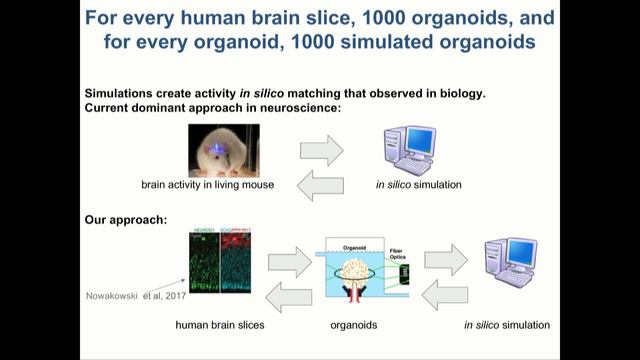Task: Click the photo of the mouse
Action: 223,150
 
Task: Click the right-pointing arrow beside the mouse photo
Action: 321,150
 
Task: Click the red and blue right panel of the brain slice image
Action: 244,263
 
